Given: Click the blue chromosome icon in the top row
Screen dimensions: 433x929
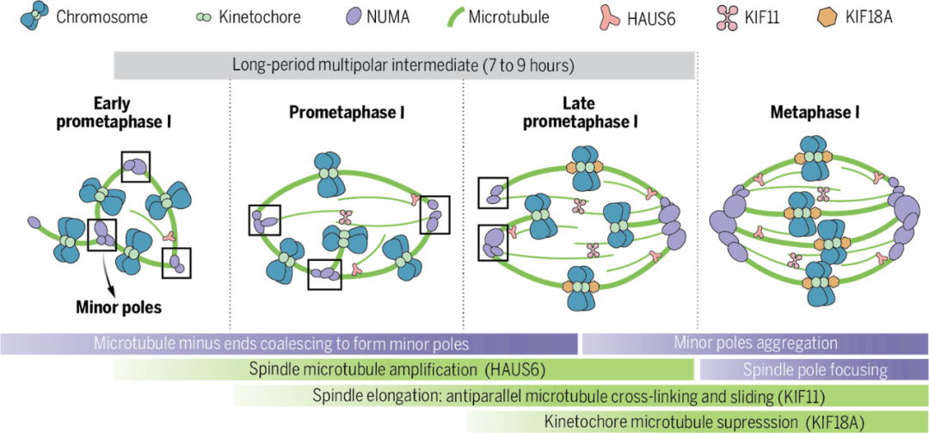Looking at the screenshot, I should (34, 15).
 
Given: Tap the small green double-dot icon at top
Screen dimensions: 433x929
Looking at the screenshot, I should (203, 16).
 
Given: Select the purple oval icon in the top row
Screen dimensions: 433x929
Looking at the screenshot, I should (353, 15).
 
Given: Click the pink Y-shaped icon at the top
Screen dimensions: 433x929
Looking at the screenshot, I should (609, 16).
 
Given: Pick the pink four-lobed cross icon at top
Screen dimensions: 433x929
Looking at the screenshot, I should (728, 17).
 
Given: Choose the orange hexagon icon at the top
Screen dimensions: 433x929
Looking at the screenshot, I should (827, 16).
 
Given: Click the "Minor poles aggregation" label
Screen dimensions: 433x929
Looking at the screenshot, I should (755, 343).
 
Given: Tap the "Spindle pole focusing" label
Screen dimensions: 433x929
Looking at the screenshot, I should (815, 370).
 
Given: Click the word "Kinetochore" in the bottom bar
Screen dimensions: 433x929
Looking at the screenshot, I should (585, 422).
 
